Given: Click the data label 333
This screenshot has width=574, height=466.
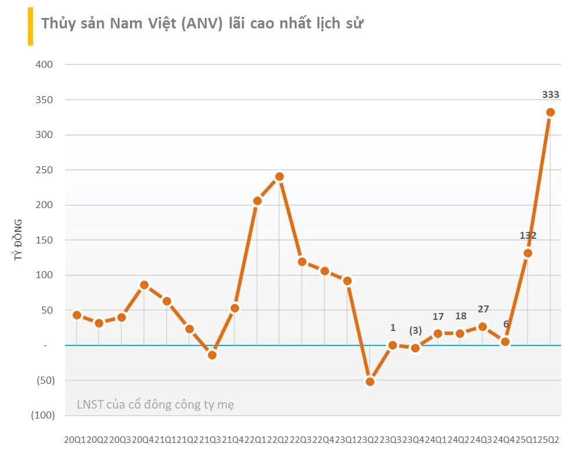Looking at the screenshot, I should coord(550,94).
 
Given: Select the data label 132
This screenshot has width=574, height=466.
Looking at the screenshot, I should coord(528,235).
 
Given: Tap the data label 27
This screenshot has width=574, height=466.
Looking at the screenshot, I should coord(483,309).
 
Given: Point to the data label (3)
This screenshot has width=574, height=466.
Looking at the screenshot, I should coord(415,330).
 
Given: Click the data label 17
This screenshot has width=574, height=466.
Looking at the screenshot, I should coord(438,316).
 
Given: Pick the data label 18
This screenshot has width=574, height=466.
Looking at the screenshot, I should coord(460,316).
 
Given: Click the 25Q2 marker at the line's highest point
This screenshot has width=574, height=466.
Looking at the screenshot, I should coord(550,112).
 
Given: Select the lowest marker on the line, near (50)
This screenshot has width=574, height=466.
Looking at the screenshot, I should coord(370,382).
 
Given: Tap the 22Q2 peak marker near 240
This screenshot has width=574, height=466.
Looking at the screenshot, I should coord(279,176).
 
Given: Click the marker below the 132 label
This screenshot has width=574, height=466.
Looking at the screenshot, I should coord(528,253).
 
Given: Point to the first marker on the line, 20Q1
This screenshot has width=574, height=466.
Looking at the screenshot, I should coord(77,315).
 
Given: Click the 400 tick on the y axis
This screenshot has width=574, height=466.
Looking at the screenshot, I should coord(45,64).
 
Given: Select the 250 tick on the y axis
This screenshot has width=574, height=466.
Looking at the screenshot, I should coord(45,170).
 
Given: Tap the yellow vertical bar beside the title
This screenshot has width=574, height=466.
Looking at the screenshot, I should coord(30,27).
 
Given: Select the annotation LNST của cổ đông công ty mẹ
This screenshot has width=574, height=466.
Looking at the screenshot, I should coord(155,405).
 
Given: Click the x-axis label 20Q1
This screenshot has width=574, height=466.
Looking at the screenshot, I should coord(74,439).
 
